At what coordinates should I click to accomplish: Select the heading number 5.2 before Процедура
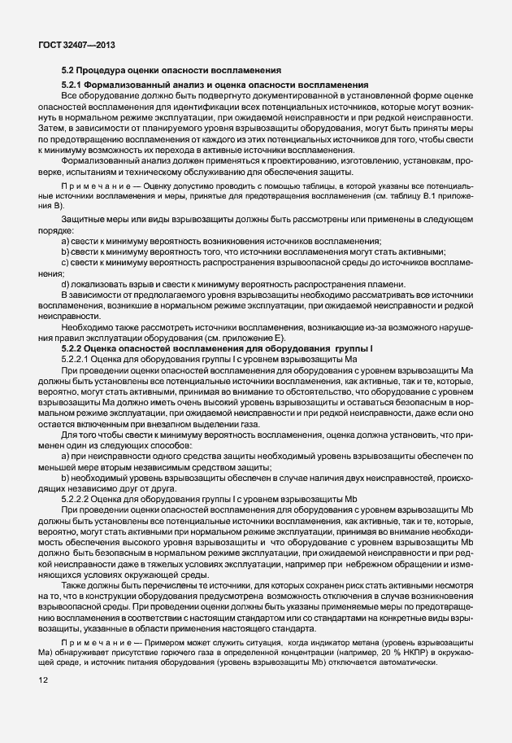click(x=68, y=70)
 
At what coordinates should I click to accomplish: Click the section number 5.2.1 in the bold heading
click(x=73, y=85)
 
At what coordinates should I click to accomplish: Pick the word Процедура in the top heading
click(x=110, y=70)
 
